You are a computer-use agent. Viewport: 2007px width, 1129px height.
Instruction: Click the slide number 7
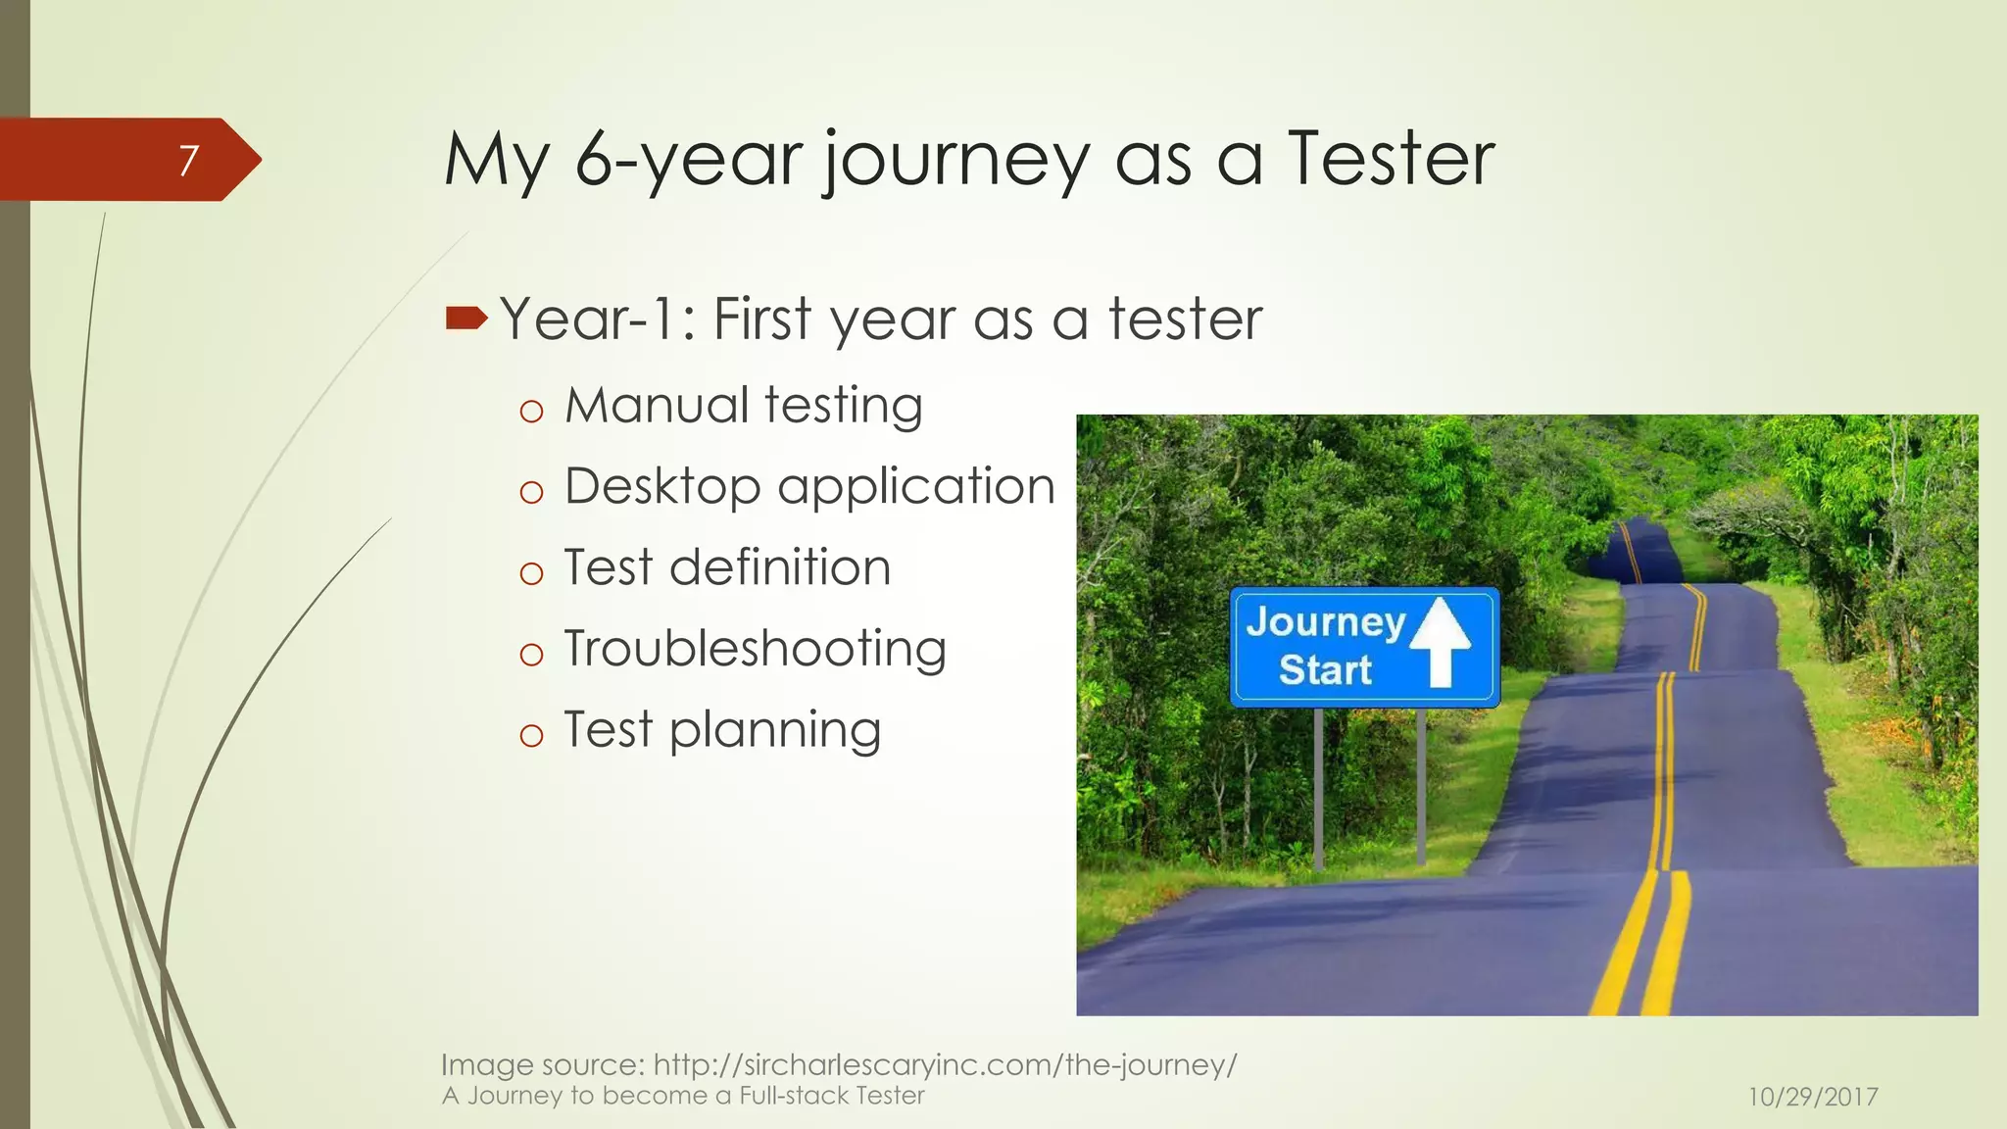[x=188, y=160]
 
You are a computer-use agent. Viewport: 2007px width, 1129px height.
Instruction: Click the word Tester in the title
[x=1392, y=159]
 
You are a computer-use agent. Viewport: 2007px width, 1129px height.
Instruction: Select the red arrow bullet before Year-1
[x=465, y=318]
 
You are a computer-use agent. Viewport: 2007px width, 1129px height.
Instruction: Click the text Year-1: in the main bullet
[x=598, y=319]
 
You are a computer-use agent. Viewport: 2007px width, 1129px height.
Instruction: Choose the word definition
[x=780, y=567]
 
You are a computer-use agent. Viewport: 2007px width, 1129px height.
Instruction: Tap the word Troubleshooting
[x=756, y=649]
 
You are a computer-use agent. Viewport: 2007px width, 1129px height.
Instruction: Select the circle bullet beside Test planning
[x=531, y=735]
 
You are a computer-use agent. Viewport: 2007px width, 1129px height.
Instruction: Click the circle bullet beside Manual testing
[x=531, y=411]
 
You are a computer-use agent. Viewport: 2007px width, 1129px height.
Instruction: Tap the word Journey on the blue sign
[x=1325, y=621]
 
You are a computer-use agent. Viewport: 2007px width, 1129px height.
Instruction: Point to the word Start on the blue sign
[x=1325, y=670]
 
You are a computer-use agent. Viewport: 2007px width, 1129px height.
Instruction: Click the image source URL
[x=945, y=1064]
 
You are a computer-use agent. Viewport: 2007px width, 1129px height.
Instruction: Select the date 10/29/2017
[x=1813, y=1097]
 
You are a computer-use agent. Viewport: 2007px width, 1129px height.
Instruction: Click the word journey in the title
[x=955, y=161]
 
